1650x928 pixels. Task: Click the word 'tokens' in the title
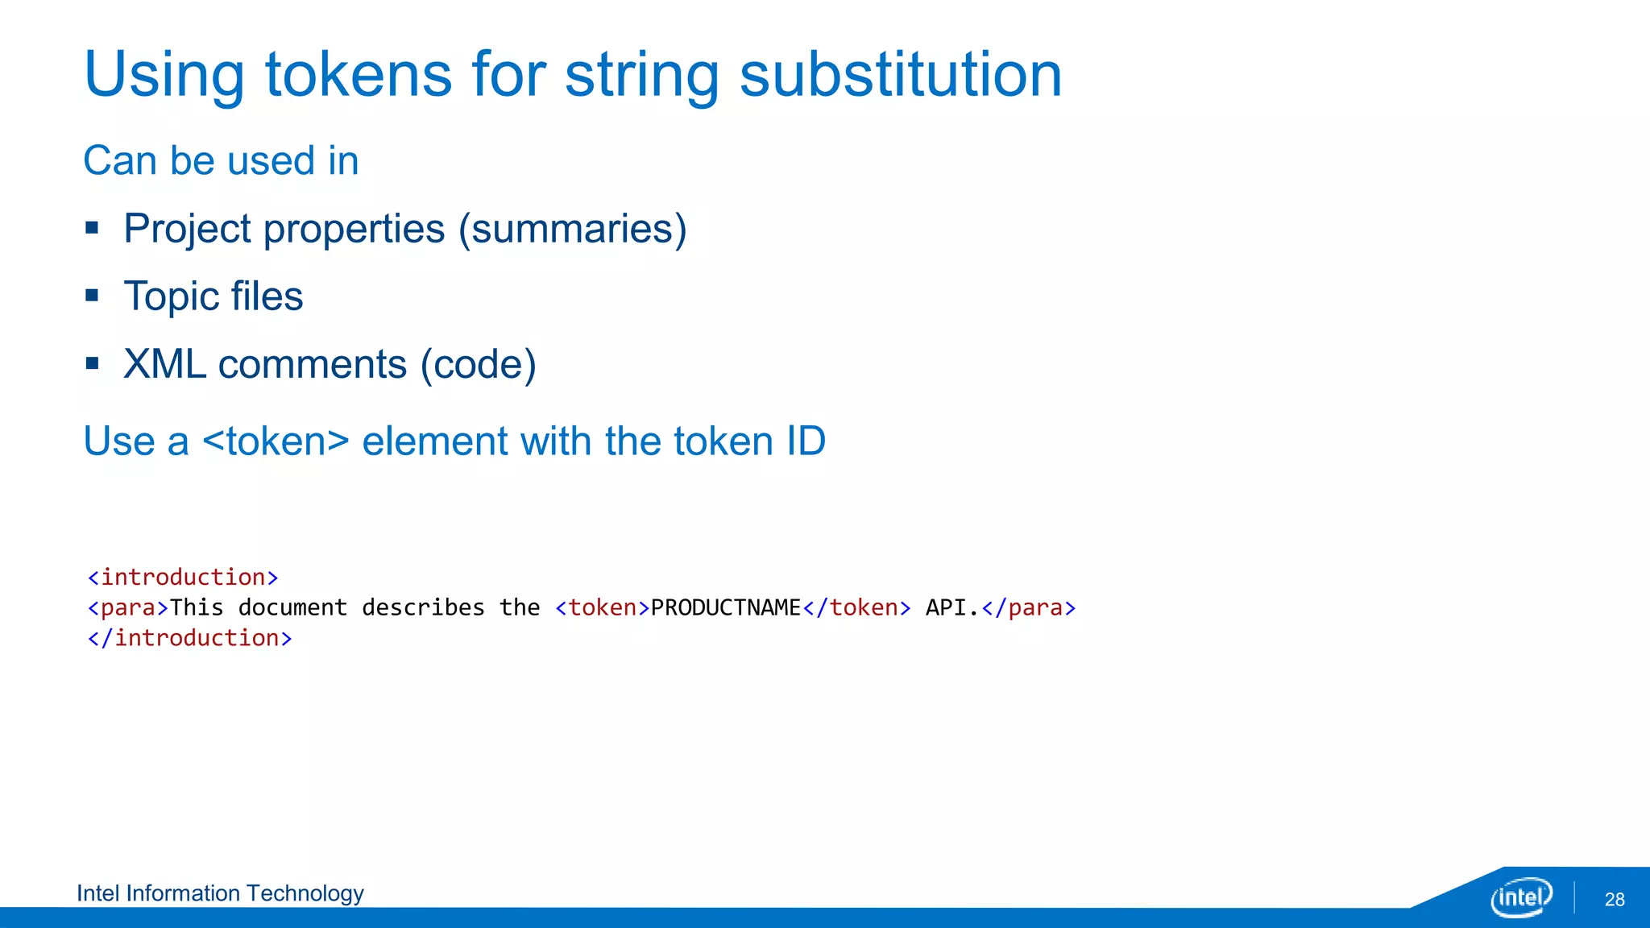(359, 74)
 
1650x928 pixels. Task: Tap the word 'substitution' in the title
(901, 74)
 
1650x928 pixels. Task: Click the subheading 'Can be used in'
(221, 160)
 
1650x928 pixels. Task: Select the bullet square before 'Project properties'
(92, 228)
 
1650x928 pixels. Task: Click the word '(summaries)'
(572, 229)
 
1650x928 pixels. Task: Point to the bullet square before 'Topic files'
(92, 296)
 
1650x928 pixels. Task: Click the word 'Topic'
(171, 296)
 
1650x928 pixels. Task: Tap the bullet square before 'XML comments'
(92, 363)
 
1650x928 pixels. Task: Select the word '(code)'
(478, 364)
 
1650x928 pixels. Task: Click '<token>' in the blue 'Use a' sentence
(276, 441)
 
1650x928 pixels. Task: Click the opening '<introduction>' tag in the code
(183, 578)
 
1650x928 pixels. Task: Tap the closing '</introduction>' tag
(190, 638)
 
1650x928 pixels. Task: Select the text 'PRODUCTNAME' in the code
(725, 607)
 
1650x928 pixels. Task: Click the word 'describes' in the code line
(423, 607)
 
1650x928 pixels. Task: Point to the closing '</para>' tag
(1029, 607)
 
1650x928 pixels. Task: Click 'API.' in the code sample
(951, 607)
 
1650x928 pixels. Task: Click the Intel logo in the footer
(1521, 897)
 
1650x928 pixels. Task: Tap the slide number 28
(1615, 900)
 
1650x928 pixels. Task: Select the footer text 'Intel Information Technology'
(220, 893)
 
